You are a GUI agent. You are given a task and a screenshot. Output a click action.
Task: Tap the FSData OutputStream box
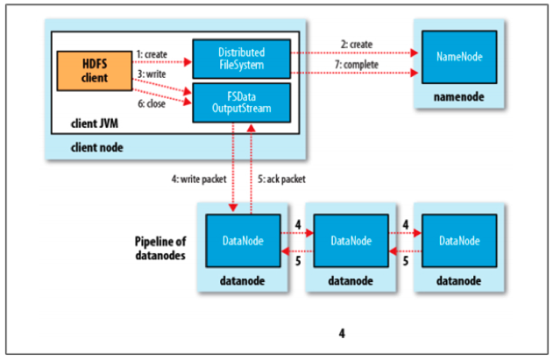[230, 100]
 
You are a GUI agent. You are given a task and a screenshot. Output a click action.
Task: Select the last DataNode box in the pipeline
[461, 240]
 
